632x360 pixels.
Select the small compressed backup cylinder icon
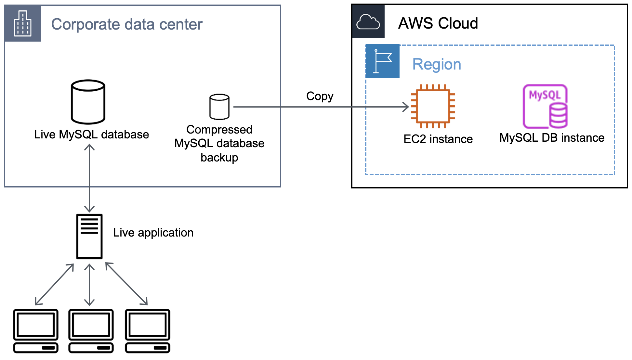point(219,107)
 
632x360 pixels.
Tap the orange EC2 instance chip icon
point(433,106)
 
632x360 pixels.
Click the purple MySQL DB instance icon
point(545,106)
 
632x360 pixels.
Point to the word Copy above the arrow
point(320,96)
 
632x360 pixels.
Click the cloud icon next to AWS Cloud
point(368,22)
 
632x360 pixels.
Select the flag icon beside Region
point(383,61)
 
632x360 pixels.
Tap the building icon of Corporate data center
point(23,23)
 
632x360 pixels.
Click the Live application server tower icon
point(89,236)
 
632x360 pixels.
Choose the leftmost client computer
point(36,330)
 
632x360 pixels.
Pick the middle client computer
point(91,330)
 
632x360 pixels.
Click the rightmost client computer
point(148,330)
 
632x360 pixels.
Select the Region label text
point(437,64)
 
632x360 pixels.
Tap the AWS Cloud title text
point(438,23)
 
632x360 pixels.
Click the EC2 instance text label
point(438,139)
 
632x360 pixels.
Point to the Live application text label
point(153,233)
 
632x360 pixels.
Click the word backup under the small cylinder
point(219,158)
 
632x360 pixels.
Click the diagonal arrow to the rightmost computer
point(126,284)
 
